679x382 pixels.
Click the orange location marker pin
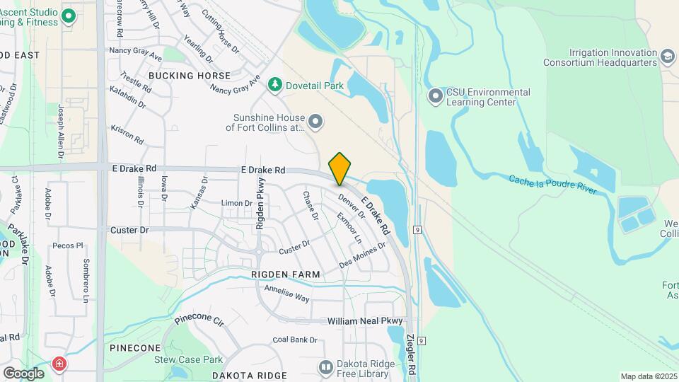click(339, 168)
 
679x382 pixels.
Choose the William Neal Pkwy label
click(364, 321)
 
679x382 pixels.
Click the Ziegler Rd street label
click(411, 358)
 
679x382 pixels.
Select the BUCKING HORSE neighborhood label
click(190, 75)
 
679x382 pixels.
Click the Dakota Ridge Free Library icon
click(325, 368)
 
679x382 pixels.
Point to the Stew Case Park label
click(189, 359)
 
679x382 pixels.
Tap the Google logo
click(23, 373)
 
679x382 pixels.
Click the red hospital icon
click(59, 364)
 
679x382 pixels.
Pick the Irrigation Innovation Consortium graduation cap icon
click(667, 57)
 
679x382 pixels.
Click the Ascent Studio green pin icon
click(69, 16)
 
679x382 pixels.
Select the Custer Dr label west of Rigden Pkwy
click(129, 231)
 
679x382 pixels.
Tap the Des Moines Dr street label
click(362, 255)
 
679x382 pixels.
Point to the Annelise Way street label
click(286, 294)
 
